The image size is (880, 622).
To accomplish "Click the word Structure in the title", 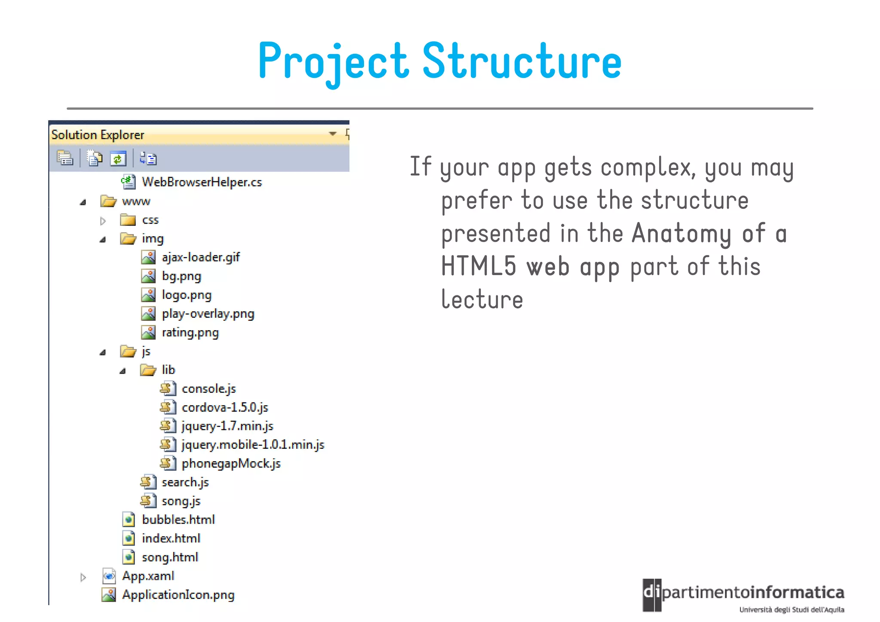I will point(522,61).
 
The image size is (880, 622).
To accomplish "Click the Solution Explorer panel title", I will point(98,135).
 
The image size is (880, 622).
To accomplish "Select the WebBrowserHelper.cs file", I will point(202,182).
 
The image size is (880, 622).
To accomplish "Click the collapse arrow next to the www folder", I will point(83,202).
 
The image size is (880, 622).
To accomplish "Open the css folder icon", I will point(128,220).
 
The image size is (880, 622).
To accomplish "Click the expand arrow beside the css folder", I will point(103,221).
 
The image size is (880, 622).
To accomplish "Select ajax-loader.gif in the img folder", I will point(200,257).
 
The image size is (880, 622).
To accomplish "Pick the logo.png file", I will point(186,295).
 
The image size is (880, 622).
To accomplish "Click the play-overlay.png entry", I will point(208,314).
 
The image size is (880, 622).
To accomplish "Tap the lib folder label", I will point(168,370).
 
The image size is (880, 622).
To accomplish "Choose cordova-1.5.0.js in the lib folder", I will point(225,408).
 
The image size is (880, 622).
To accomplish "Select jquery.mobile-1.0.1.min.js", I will point(253,445).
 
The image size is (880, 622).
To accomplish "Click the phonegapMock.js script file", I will point(231,464).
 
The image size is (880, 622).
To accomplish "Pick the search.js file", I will point(185,483).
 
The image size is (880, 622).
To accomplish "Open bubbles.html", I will point(178,520).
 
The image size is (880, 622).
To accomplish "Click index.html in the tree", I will point(171,539).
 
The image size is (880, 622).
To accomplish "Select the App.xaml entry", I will point(148,576).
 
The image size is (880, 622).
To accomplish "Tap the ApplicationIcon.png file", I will point(178,595).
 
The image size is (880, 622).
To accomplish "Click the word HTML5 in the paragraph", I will point(478,266).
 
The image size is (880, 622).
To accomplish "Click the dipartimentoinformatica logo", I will point(743,595).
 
